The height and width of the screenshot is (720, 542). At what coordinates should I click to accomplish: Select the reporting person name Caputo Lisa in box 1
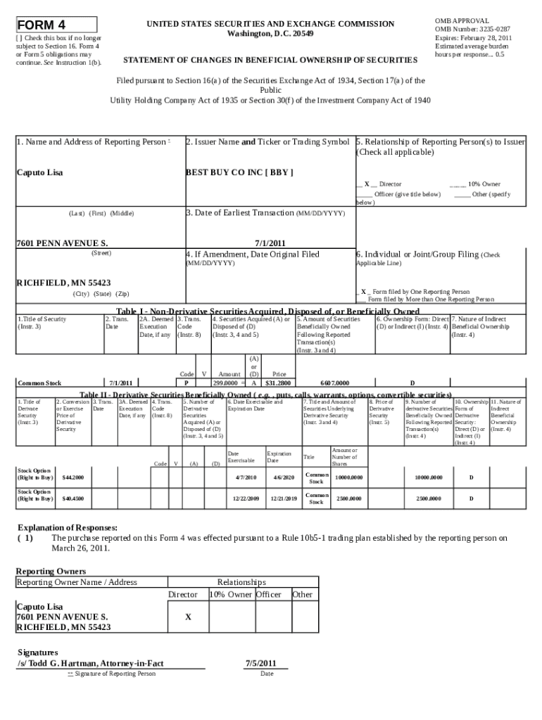40,172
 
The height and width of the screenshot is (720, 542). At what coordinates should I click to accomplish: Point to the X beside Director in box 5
367,184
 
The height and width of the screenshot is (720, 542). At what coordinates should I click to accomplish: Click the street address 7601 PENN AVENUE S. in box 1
62,243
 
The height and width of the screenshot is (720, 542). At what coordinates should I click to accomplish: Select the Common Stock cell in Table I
39,383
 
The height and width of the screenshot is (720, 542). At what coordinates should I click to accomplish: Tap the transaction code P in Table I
186,383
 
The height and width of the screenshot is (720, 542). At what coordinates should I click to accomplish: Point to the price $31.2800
278,383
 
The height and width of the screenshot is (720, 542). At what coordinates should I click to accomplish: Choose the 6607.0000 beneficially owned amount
334,383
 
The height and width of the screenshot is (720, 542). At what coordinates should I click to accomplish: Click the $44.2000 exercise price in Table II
73,477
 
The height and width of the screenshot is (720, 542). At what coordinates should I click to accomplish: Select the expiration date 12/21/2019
284,498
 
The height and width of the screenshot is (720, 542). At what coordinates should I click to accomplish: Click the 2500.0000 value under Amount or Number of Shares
349,498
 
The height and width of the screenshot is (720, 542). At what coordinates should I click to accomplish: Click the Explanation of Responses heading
67,527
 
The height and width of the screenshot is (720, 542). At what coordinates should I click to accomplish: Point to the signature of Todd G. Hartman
90,663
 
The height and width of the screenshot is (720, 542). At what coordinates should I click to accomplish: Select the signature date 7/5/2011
260,663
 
